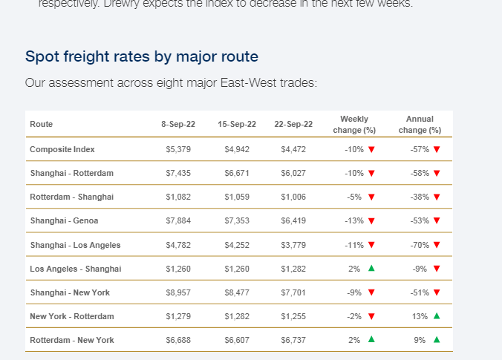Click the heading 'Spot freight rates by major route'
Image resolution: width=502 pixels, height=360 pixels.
142,56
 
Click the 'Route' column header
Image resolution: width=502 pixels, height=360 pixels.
42,124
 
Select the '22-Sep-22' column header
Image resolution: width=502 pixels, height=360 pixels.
293,124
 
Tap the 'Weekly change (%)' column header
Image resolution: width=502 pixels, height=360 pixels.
354,124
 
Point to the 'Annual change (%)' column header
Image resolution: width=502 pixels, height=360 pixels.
420,124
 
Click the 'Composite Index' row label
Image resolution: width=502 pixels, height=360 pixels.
62,149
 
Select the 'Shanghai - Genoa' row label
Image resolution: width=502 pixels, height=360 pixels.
64,220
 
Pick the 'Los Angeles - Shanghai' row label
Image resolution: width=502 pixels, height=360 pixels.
75,269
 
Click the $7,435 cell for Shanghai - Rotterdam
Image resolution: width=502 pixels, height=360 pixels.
178,173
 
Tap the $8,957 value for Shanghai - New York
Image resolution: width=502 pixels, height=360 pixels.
178,292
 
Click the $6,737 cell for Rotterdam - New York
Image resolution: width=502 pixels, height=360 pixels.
293,340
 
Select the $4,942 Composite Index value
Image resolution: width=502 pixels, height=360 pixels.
237,149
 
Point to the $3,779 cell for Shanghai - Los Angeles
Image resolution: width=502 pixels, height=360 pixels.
293,245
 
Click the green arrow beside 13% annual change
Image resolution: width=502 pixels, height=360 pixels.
437,316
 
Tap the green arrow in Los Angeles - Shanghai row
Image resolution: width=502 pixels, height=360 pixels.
371,269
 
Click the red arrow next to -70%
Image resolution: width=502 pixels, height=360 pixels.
437,245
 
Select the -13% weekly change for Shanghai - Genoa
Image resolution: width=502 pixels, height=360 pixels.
354,220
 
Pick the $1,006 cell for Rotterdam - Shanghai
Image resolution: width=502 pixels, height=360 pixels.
293,197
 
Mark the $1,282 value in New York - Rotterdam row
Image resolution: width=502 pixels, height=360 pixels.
237,316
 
